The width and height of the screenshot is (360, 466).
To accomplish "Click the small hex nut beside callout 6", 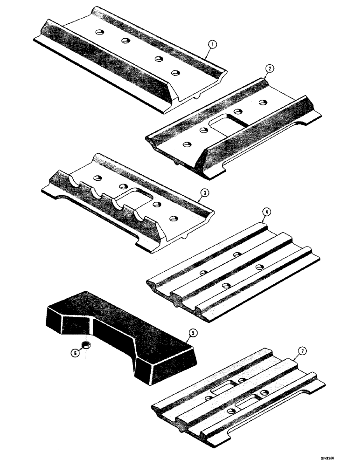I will coord(86,345).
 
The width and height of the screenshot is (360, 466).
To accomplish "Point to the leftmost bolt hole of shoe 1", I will coord(99,32).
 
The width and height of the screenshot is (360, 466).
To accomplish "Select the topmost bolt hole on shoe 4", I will coord(237,254).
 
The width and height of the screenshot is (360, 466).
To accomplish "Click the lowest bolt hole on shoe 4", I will coord(226,285).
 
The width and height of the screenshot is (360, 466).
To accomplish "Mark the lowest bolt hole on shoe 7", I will coord(231,411).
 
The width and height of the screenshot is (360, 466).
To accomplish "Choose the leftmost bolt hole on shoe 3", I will coord(97,178).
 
